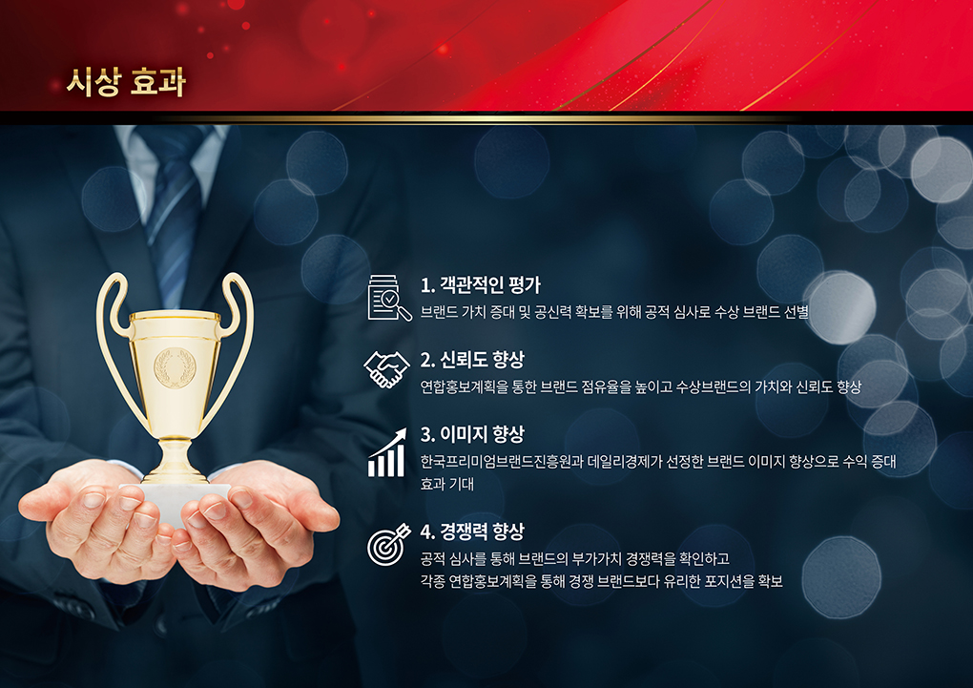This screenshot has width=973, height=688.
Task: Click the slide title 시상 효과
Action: [126, 83]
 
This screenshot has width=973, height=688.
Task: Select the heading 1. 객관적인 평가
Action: [480, 285]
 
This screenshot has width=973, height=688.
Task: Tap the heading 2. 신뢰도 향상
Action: [472, 360]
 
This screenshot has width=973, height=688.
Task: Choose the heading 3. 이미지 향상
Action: [472, 434]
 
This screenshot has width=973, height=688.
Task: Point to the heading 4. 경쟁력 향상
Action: [472, 532]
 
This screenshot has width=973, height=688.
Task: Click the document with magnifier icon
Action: [389, 298]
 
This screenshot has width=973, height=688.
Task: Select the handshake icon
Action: [386, 369]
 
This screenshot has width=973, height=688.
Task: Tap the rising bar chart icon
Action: [387, 452]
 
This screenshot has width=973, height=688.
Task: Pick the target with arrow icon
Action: [388, 544]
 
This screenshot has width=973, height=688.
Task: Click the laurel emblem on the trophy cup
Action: [175, 368]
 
